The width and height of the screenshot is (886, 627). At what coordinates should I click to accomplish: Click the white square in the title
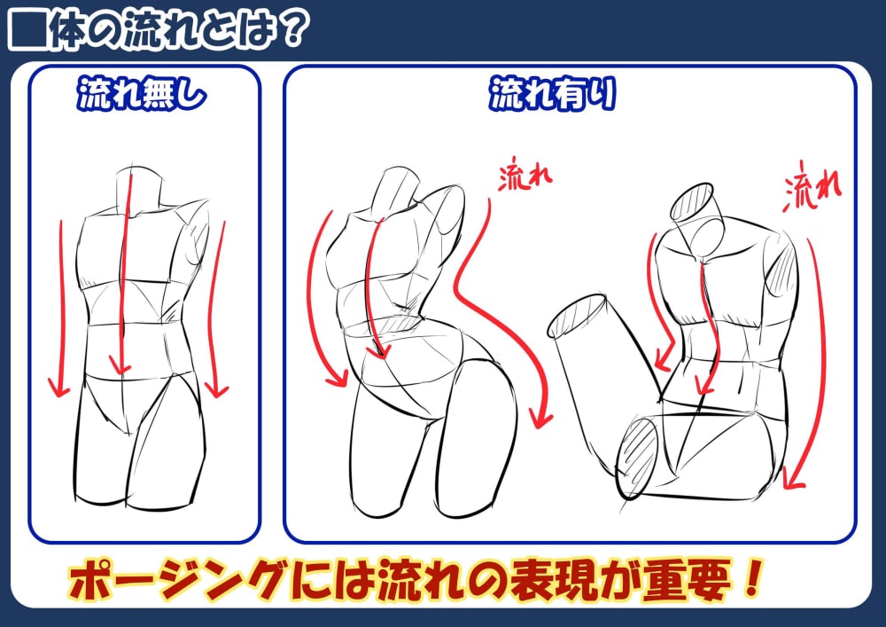27,30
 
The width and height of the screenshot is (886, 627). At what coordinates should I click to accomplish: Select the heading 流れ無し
141,93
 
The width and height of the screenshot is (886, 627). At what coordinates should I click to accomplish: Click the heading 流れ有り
552,94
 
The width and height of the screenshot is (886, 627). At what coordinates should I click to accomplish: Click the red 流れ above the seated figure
812,186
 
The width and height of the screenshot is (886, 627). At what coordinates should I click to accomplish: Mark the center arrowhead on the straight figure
120,367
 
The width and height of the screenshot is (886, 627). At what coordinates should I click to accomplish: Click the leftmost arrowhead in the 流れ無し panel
58,387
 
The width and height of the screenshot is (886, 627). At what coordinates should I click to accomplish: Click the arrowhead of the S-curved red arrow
542,419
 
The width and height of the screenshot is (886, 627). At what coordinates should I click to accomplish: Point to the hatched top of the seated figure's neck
692,201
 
